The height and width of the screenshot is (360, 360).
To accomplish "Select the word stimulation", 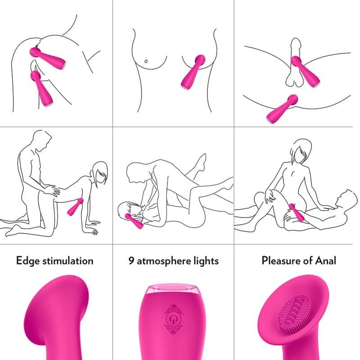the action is (x=68, y=261).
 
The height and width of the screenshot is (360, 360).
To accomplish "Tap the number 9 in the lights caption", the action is (x=131, y=261).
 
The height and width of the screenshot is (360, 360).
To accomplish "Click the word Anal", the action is (x=326, y=261).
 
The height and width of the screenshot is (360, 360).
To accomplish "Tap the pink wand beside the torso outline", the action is (x=193, y=72).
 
